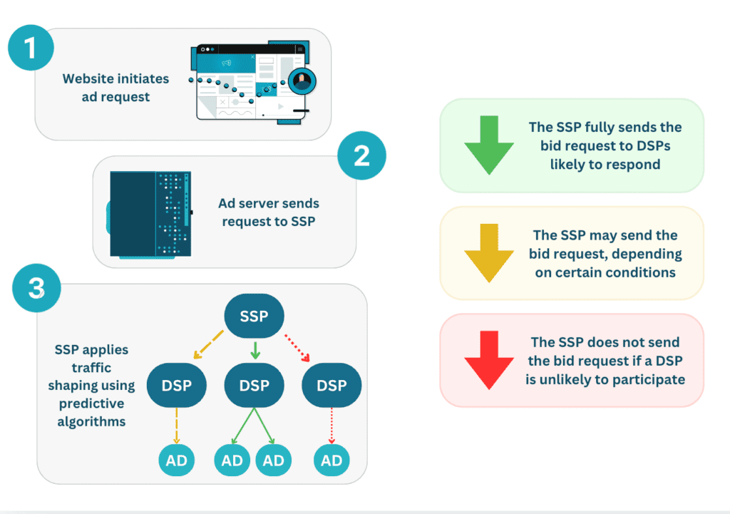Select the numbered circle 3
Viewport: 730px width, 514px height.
pos(36,289)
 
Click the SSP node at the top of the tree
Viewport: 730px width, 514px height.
pos(255,315)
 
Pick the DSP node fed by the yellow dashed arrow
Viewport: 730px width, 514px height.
pos(176,386)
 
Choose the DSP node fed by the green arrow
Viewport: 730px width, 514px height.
pos(255,386)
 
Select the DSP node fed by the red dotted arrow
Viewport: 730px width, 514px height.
pos(331,386)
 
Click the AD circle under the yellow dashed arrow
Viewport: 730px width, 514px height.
pos(176,461)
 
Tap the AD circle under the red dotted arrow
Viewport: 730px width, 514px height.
pos(331,461)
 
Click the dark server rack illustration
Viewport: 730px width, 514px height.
pos(150,213)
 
